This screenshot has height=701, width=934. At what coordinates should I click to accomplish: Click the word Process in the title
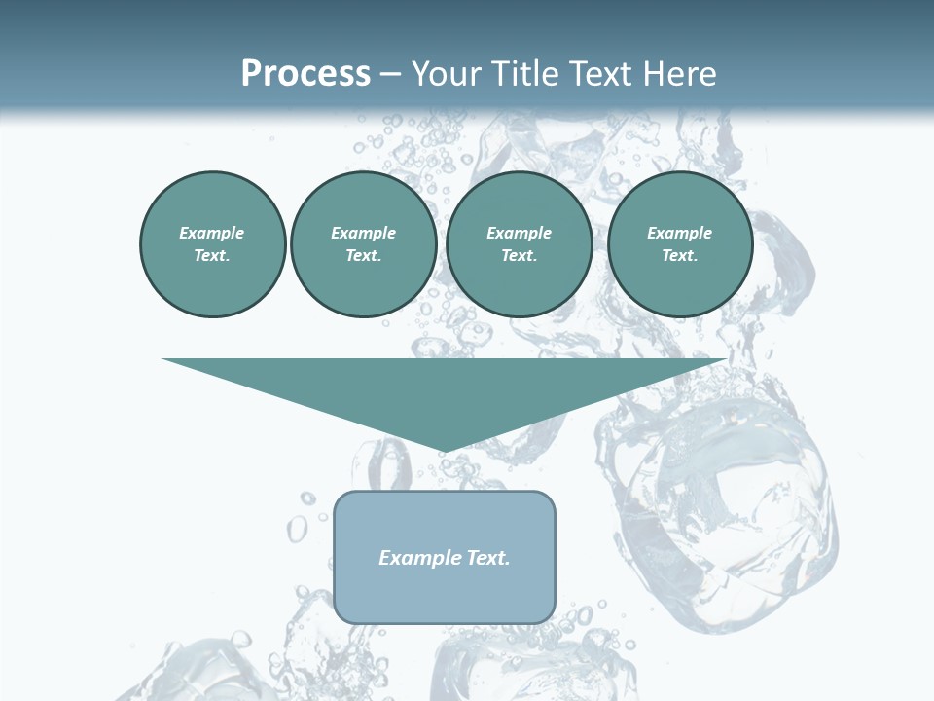point(305,74)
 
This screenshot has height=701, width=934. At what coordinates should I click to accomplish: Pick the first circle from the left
point(212,243)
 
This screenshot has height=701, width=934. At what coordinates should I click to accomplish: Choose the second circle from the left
point(363,243)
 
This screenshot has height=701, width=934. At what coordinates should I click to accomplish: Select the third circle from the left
point(519,243)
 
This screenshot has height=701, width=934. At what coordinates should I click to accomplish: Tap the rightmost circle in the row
point(679,243)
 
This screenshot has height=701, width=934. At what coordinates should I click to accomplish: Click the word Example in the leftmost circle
point(212,233)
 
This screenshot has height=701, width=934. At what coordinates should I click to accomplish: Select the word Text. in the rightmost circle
point(679,255)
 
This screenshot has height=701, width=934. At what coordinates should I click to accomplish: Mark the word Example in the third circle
point(519,233)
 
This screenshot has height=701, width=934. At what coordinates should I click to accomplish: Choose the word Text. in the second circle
point(363,255)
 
